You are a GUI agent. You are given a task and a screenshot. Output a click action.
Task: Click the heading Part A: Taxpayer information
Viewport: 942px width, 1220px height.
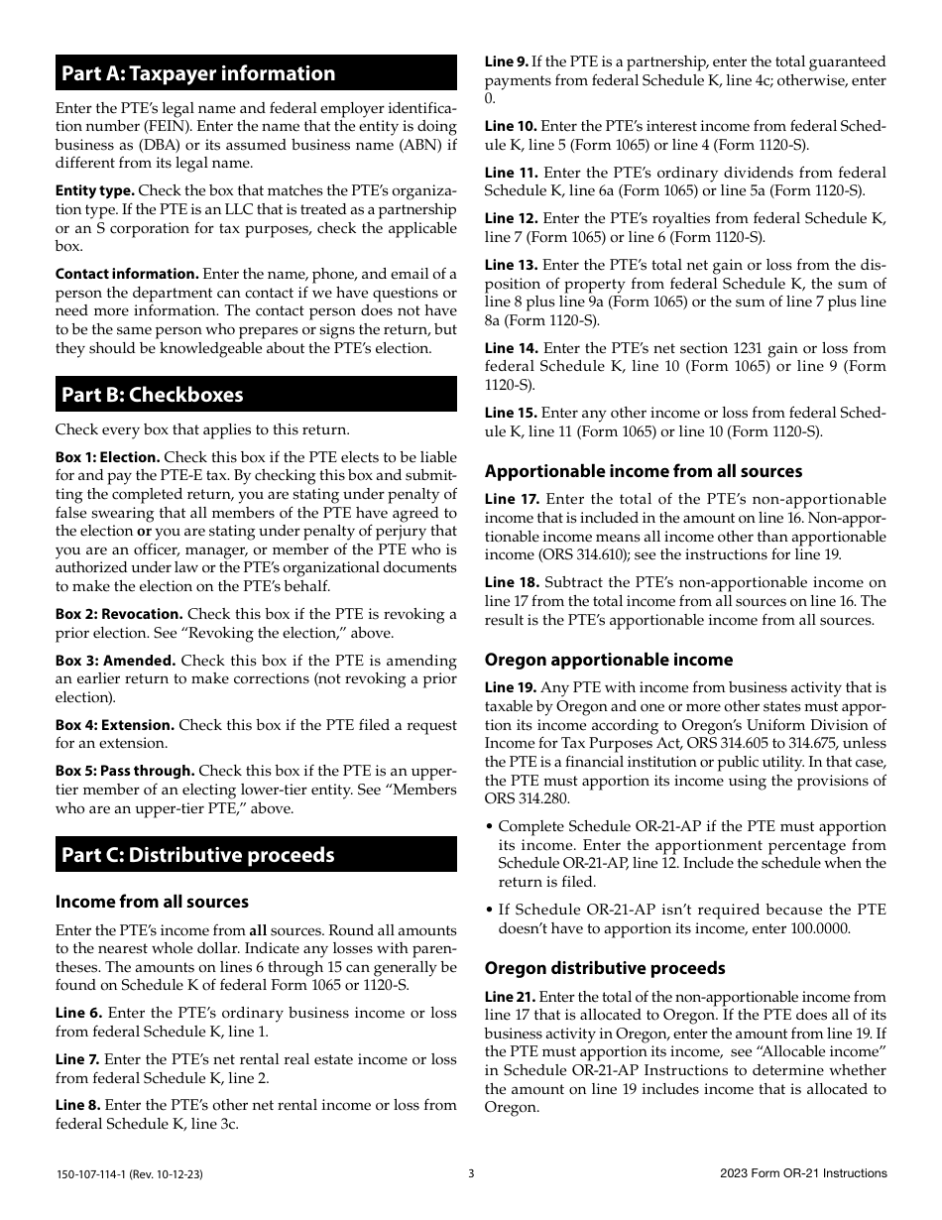198,73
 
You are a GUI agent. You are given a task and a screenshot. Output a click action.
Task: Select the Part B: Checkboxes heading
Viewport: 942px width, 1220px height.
152,395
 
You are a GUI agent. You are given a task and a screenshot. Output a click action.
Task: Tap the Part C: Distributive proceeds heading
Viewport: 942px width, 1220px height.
197,855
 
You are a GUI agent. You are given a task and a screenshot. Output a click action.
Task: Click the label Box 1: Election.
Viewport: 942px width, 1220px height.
107,457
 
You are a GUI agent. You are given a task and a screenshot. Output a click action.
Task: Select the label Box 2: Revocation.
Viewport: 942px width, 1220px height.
119,614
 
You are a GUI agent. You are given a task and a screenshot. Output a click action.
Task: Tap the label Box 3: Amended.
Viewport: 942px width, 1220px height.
115,661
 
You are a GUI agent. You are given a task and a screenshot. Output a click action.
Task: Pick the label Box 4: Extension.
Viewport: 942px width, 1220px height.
115,725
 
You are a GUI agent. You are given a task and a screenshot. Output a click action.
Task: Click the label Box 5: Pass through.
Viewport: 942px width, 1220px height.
125,771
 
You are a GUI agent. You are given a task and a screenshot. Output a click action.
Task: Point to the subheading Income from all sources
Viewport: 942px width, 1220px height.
152,902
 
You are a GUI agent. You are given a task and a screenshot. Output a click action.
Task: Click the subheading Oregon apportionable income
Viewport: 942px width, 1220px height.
609,660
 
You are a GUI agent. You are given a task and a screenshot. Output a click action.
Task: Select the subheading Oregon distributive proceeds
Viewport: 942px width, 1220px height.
605,968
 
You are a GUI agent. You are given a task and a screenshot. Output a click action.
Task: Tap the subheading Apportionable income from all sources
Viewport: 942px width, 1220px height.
644,471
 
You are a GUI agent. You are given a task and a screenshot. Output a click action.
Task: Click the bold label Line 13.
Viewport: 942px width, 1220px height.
511,265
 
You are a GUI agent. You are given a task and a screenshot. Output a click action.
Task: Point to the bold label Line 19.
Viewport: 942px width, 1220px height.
511,687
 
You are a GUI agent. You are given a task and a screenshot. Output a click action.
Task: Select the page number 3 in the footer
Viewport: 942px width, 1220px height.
471,1173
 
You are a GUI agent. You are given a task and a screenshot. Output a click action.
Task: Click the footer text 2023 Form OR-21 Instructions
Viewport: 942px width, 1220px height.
803,1173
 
